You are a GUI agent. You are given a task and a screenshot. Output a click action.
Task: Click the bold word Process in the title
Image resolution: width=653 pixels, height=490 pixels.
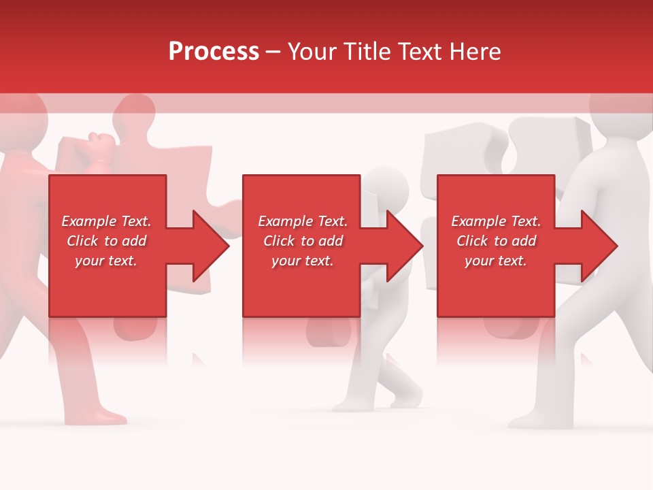click(x=214, y=51)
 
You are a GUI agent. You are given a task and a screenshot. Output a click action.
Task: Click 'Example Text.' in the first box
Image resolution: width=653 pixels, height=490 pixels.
click(x=106, y=221)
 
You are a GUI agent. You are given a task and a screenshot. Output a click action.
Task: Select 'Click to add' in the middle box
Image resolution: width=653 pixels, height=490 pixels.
click(x=303, y=241)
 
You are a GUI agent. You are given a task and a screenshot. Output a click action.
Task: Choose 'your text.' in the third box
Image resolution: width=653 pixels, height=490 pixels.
click(x=495, y=261)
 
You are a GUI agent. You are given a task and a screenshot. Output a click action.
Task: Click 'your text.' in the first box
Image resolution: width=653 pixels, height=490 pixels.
click(x=106, y=261)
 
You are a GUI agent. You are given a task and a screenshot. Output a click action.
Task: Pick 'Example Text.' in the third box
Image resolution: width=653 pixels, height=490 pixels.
click(x=496, y=221)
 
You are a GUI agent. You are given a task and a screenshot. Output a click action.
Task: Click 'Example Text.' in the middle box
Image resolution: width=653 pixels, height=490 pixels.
click(x=303, y=221)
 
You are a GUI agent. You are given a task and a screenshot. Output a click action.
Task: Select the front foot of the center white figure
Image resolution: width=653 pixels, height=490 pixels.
click(x=347, y=404)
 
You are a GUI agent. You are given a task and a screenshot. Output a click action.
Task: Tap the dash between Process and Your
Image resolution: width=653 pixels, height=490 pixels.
click(x=273, y=52)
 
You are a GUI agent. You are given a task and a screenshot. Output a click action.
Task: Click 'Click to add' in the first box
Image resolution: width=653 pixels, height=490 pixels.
click(x=106, y=241)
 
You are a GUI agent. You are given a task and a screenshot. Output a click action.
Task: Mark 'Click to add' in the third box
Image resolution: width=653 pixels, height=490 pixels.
click(x=496, y=241)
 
